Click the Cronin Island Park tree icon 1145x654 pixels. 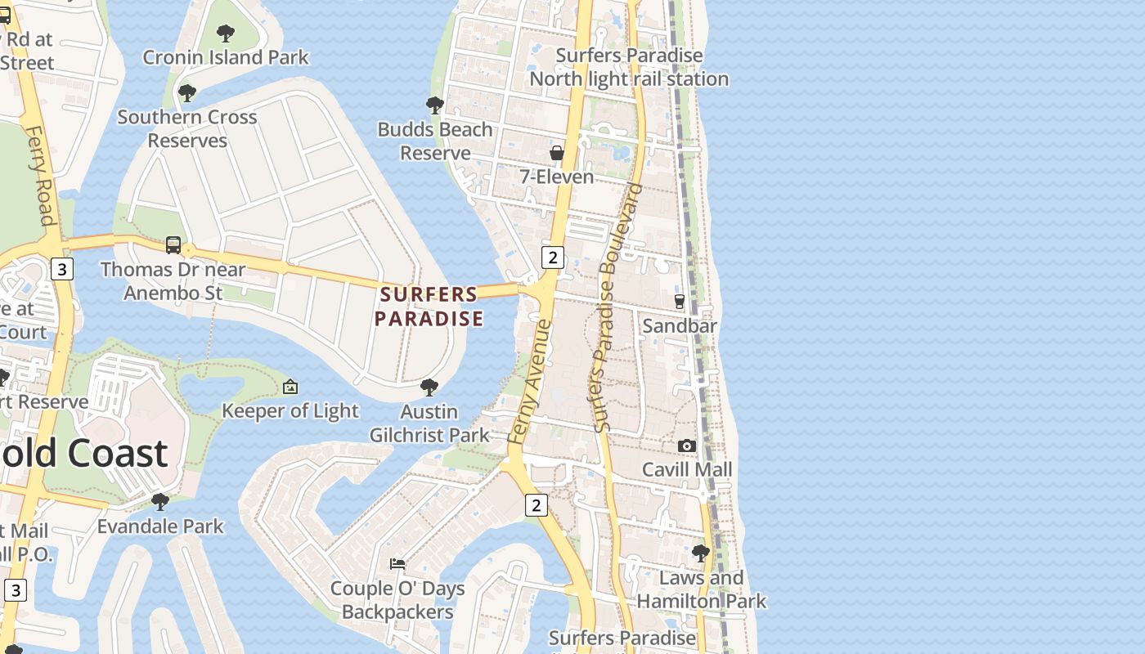tap(226, 34)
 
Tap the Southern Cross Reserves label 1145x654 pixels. tap(187, 128)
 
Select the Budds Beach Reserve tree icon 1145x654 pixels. tap(435, 105)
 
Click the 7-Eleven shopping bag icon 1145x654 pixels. tap(557, 153)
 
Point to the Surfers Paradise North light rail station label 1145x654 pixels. tap(628, 67)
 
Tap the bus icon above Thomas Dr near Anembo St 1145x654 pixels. tap(173, 244)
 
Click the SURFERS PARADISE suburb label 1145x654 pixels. tap(429, 307)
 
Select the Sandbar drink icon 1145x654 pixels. tap(679, 302)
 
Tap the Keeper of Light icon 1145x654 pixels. tap(290, 387)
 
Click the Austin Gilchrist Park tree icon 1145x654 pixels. tap(429, 387)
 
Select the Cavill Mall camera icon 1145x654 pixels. tap(687, 446)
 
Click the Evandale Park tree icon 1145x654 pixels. tap(160, 501)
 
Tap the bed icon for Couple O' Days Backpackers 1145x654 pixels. tap(397, 563)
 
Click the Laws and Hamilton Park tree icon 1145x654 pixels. tap(701, 553)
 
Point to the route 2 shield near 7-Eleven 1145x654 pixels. tap(553, 258)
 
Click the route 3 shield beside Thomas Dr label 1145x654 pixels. tap(61, 268)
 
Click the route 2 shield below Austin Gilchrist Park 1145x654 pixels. tap(536, 505)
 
